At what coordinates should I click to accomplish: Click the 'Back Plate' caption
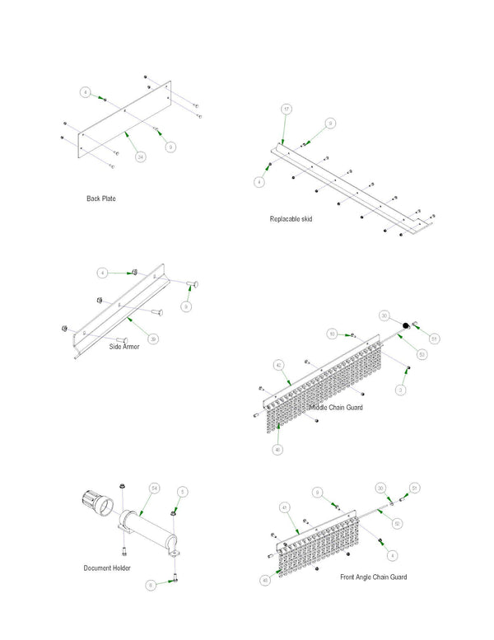pyautogui.click(x=101, y=199)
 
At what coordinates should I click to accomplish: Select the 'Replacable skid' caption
pyautogui.click(x=291, y=219)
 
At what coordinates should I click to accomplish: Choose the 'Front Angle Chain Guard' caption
pyautogui.click(x=373, y=577)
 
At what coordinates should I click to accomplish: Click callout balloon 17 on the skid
pyautogui.click(x=286, y=109)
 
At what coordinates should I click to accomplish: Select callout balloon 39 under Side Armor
pyautogui.click(x=152, y=339)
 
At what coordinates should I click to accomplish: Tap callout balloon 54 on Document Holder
pyautogui.click(x=153, y=488)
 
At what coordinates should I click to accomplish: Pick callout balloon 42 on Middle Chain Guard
pyautogui.click(x=279, y=364)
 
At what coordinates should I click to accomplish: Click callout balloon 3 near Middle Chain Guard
pyautogui.click(x=401, y=389)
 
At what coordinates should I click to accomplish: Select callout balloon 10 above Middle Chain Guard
pyautogui.click(x=332, y=334)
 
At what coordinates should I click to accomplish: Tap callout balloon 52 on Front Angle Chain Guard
pyautogui.click(x=397, y=523)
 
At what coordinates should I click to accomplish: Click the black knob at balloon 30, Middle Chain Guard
pyautogui.click(x=406, y=326)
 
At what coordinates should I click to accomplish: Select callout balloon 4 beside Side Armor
pyautogui.click(x=102, y=272)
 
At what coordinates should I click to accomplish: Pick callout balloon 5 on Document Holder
pyautogui.click(x=183, y=491)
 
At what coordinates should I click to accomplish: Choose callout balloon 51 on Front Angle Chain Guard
pyautogui.click(x=415, y=488)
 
